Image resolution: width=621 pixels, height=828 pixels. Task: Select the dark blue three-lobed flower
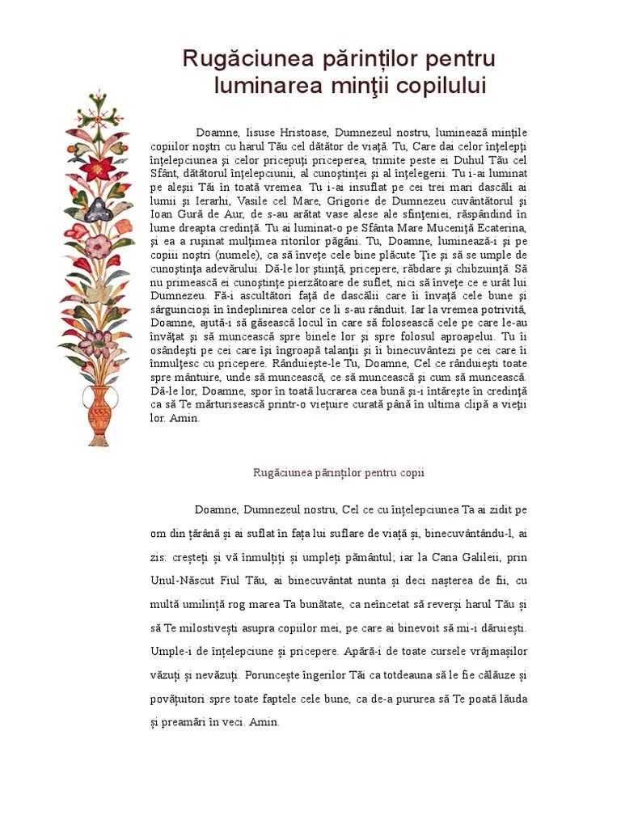tap(98, 209)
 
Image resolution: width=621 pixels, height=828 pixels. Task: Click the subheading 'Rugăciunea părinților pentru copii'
tap(339, 472)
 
